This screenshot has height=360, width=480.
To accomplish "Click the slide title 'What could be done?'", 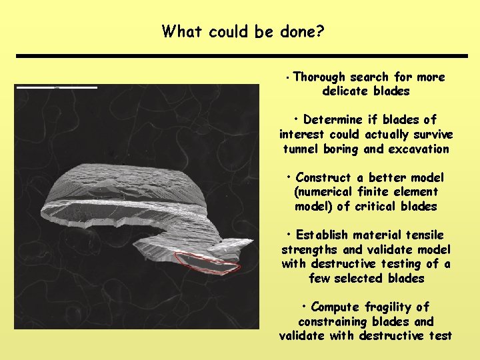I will (x=243, y=31).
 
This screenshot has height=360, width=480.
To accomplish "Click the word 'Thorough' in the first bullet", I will (x=319, y=77).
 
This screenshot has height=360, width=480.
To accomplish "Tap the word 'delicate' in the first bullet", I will (x=345, y=91).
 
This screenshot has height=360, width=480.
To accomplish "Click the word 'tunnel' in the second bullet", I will (x=301, y=149).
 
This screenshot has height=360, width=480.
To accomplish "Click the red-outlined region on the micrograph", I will (x=207, y=263).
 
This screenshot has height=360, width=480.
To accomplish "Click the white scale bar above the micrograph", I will (x=57, y=87).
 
